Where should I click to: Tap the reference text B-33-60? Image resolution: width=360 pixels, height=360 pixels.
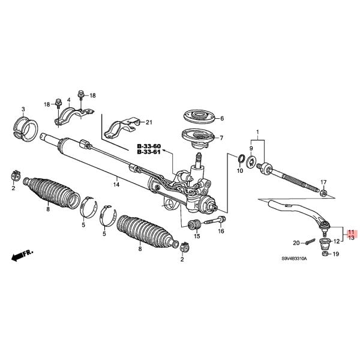click(149, 146)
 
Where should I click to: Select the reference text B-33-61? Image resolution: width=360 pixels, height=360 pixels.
click(149, 152)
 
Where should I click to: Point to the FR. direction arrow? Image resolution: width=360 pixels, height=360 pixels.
click(22, 256)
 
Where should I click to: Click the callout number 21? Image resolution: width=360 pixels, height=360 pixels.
click(149, 122)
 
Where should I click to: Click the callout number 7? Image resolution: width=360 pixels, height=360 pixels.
click(221, 138)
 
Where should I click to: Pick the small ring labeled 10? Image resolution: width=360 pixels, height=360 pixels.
click(240, 159)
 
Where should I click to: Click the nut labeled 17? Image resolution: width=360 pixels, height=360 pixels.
click(323, 193)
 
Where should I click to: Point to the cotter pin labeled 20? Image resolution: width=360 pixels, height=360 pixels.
click(309, 242)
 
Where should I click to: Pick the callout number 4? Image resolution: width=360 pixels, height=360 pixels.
click(69, 100)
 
